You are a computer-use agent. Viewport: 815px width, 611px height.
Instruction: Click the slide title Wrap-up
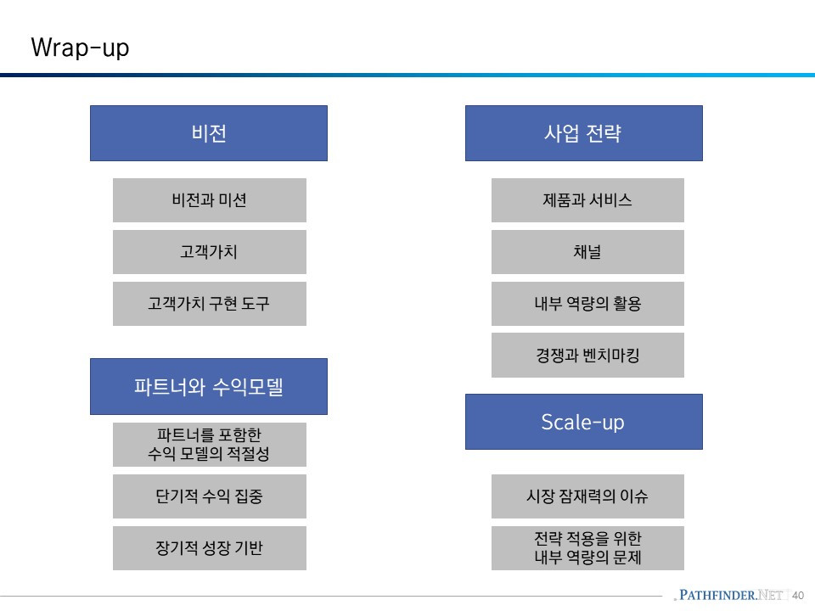[x=80, y=48]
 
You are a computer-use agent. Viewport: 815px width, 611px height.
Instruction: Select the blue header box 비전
[x=209, y=133]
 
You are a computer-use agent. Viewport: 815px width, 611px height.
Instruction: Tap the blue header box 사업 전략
[x=583, y=133]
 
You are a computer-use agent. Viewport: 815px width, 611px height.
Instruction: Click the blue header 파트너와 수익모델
[x=209, y=387]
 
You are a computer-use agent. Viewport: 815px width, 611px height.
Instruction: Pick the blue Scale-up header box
[x=583, y=422]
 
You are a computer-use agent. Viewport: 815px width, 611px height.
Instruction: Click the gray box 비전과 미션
[x=209, y=200]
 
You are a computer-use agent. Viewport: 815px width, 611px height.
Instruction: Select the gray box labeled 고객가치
[x=209, y=252]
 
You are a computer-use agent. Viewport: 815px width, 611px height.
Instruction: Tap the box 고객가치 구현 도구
[x=209, y=304]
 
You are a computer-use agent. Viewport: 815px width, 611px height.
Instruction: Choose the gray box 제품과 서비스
[x=587, y=200]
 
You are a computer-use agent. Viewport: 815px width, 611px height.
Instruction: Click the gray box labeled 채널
[x=587, y=252]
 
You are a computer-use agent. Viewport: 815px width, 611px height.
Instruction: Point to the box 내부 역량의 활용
[x=587, y=304]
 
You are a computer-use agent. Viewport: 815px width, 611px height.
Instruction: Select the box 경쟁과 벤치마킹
[x=587, y=356]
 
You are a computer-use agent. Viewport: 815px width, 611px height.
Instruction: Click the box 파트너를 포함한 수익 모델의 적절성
[x=209, y=445]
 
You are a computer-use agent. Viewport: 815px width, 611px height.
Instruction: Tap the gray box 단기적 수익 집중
[x=209, y=496]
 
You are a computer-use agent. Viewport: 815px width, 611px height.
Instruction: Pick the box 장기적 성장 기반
[x=209, y=548]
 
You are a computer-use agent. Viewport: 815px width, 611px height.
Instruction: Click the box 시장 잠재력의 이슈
[x=587, y=496]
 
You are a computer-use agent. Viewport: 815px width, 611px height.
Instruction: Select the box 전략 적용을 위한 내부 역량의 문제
[x=587, y=548]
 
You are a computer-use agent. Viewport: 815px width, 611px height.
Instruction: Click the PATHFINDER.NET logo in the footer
[x=729, y=595]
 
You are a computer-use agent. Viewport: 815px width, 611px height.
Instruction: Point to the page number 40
[x=798, y=595]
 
